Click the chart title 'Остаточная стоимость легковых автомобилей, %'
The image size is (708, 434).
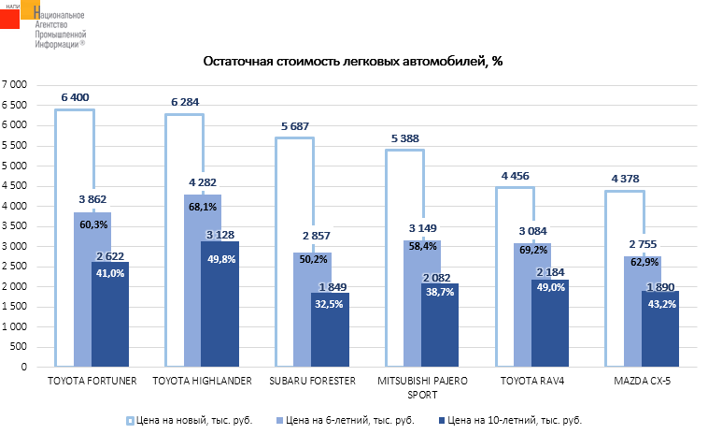point(353,62)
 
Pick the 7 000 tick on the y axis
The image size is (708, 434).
point(15,85)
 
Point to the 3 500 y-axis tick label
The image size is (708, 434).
point(15,226)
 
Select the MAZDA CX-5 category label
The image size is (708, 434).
point(642,381)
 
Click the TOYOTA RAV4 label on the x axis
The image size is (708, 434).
point(531,381)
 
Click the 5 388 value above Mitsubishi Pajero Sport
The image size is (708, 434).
point(404,138)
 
